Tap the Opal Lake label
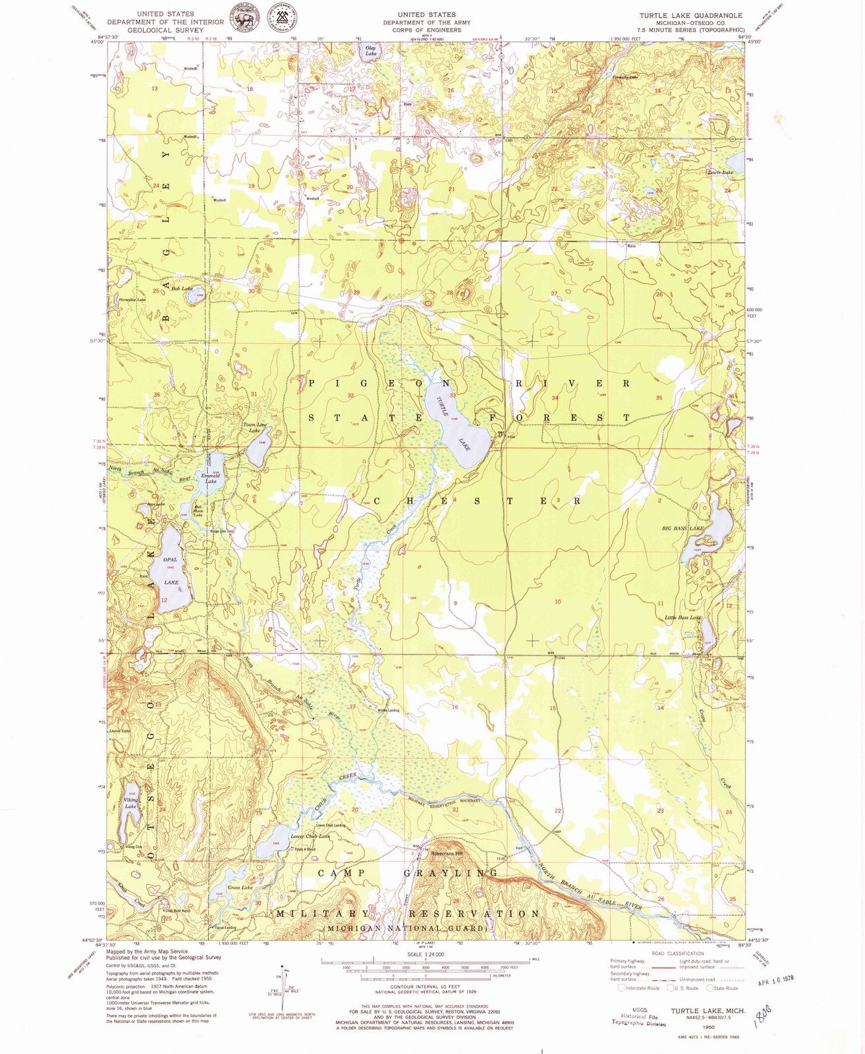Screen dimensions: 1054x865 (x=171, y=570)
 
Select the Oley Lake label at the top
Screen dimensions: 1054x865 (x=370, y=51)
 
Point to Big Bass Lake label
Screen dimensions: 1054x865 (x=683, y=528)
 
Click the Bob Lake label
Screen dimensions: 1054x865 (x=181, y=289)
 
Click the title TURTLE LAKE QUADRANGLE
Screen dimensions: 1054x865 (x=690, y=15)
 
